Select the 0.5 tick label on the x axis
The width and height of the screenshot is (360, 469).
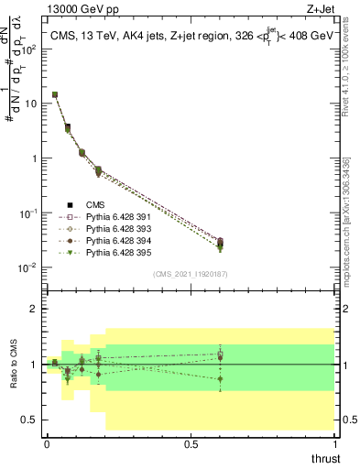(191, 443)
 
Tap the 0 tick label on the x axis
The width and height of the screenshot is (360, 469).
(47, 443)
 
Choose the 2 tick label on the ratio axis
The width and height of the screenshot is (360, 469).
(32, 310)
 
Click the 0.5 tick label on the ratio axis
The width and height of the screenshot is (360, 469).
(28, 420)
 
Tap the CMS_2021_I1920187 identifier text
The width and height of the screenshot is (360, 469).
(191, 274)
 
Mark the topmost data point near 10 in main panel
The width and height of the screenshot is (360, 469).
(55, 94)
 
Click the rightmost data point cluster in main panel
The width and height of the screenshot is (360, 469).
(220, 244)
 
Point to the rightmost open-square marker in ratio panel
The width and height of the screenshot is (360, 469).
(220, 354)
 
